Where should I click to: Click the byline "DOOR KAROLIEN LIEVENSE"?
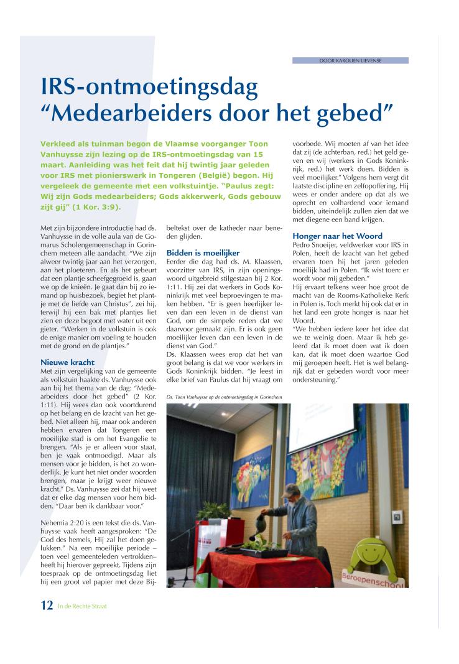[350, 60]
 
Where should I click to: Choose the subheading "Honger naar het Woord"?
[337, 236]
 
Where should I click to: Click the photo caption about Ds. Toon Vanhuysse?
[225, 396]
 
